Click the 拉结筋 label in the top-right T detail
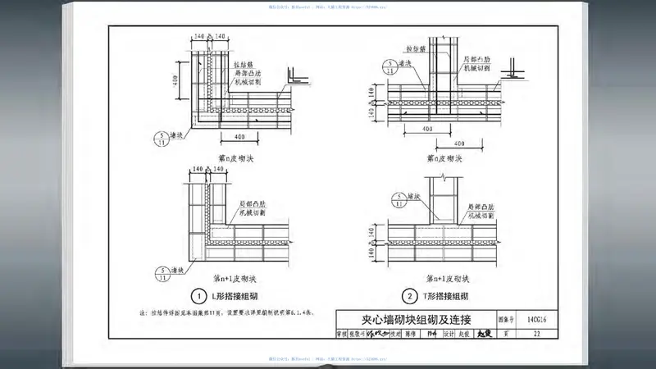coord(408,48)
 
